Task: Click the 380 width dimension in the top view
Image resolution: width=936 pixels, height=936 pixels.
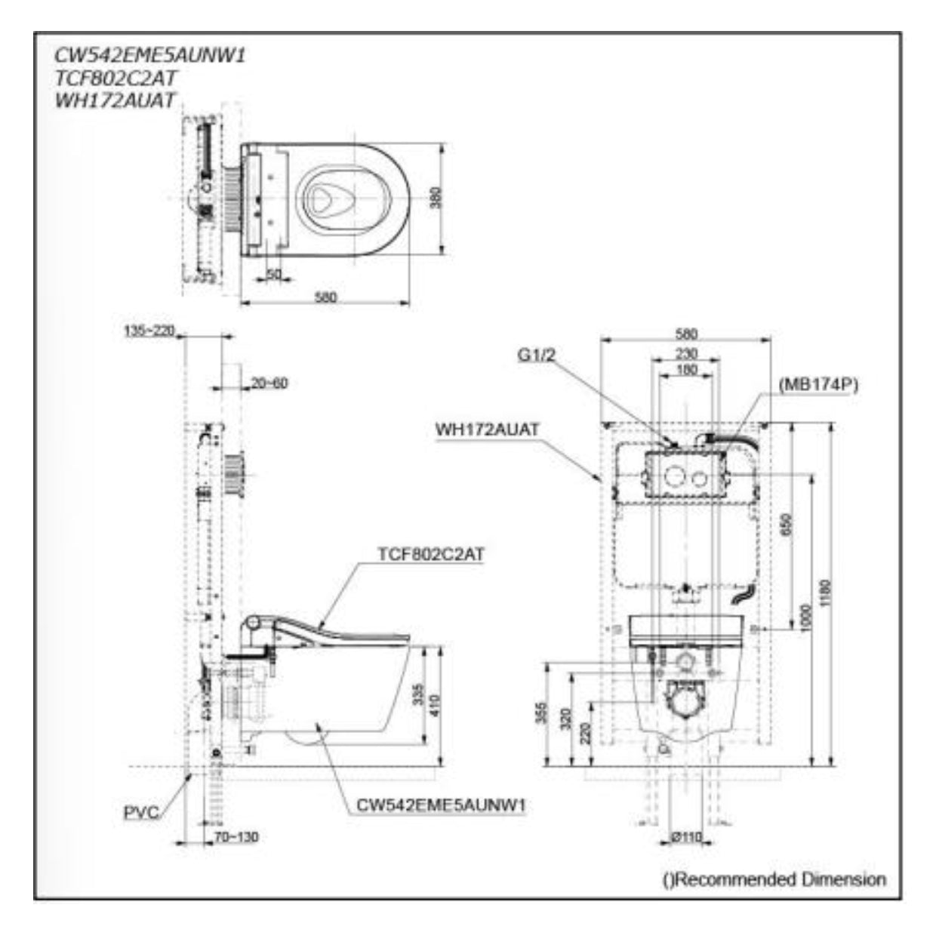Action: [436, 199]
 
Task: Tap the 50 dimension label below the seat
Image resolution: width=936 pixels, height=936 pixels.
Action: [273, 276]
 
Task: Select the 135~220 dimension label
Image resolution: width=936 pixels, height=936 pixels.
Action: [150, 330]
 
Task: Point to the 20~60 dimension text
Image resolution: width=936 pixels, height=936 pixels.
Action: [269, 383]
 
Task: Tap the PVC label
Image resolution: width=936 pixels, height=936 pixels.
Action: [142, 813]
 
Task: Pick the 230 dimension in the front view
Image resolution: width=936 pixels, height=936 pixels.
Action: [686, 354]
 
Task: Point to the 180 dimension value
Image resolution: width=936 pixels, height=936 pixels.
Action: [686, 371]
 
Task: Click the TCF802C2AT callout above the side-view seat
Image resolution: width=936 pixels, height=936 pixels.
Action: [431, 554]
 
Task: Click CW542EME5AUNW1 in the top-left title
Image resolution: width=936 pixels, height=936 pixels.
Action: [150, 55]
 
